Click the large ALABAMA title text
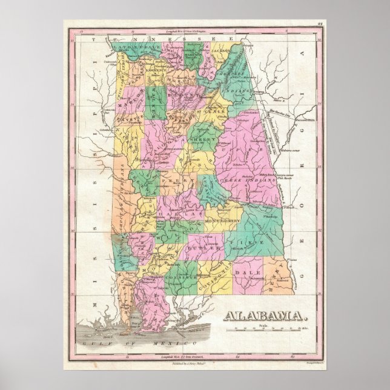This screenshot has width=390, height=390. (x=265, y=316)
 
